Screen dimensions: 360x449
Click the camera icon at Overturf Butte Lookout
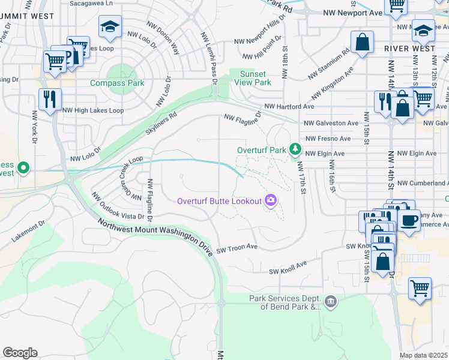click(271, 200)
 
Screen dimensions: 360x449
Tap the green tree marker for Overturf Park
click(295, 149)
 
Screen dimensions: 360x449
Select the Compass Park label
click(117, 83)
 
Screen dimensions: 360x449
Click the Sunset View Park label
click(253, 78)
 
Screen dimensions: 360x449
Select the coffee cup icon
click(411, 220)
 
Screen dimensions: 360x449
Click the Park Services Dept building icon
click(330, 300)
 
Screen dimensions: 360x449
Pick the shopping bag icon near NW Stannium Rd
click(362, 43)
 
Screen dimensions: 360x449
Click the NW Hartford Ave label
click(289, 106)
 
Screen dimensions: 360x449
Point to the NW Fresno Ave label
click(328, 139)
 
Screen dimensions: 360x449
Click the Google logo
click(20, 353)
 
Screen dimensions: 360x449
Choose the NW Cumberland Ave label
click(423, 183)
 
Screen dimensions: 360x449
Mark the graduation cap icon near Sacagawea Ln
click(110, 26)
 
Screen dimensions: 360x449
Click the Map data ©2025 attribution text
click(423, 355)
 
